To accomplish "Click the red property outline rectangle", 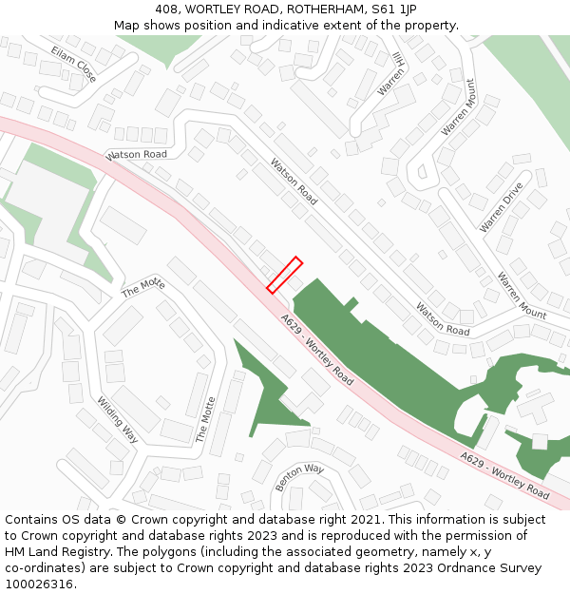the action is point(284,275).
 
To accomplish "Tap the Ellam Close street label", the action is point(74,63).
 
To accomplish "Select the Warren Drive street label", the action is point(502,207).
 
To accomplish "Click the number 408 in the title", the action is point(168,9).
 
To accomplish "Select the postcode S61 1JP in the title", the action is point(392,9).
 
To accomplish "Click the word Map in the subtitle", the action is point(127,26).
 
